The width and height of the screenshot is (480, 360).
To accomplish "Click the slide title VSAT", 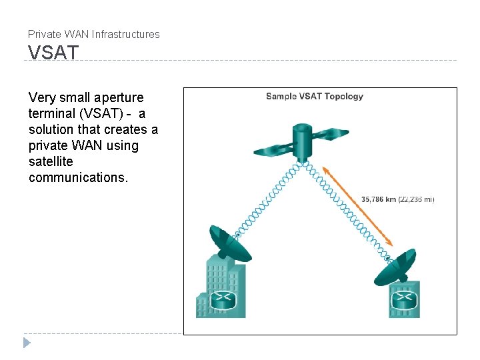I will click(53, 52).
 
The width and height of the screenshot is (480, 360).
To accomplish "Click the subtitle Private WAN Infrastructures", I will click(94, 34).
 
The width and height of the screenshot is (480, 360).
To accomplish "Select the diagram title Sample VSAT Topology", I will click(315, 96).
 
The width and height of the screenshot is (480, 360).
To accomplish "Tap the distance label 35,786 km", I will click(379, 199).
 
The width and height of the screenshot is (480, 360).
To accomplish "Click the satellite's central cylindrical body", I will click(304, 141).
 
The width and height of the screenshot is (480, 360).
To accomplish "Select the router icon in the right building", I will click(403, 301).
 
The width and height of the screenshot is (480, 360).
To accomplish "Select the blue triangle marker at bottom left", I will click(27, 343).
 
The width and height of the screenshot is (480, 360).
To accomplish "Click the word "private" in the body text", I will click(49, 145).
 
